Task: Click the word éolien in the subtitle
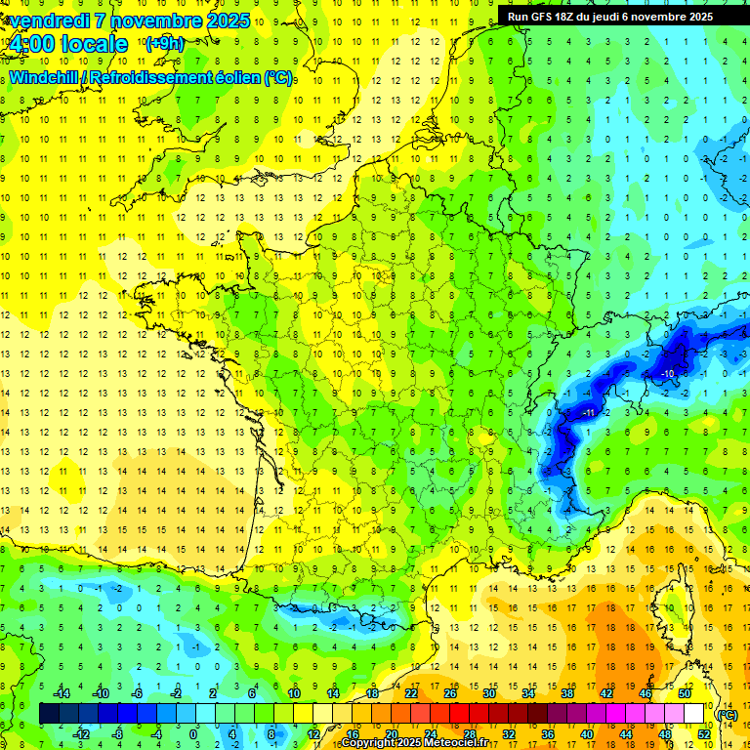[x=239, y=77]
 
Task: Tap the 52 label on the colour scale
[x=703, y=733]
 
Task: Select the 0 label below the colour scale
[x=193, y=733]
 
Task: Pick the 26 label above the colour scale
[x=450, y=693]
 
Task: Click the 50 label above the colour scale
[x=684, y=693]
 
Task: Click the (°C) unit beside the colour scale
[x=727, y=714]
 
